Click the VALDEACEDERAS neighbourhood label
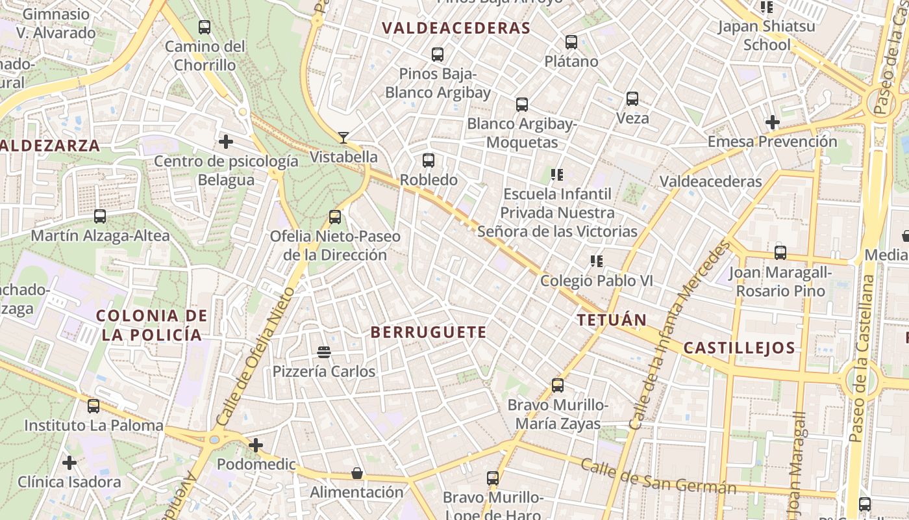pos(456,28)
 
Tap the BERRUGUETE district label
pos(428,332)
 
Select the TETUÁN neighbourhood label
pos(612,320)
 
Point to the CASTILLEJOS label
pos(739,348)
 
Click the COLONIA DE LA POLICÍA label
pos(152,326)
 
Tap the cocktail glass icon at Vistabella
pos(343,138)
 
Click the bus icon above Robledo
pos(429,160)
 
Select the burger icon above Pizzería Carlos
pos(324,352)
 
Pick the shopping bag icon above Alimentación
pos(356,473)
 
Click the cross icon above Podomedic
pos(256,445)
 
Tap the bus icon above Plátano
pos(571,42)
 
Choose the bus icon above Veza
pos(632,99)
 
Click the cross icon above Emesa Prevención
pos(772,122)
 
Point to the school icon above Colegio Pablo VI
pos(597,261)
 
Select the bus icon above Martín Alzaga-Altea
pos(100,216)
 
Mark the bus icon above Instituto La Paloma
pos(93,406)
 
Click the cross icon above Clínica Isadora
pos(69,463)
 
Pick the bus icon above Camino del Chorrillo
pos(205,27)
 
